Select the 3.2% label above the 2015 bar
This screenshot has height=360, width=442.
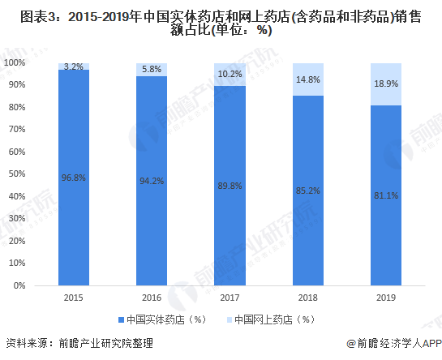[x=73, y=66]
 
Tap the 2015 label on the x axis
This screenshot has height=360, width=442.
[x=73, y=297]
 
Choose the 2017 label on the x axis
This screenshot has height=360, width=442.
[x=230, y=297]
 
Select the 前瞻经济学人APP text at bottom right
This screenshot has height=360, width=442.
[x=398, y=343]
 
